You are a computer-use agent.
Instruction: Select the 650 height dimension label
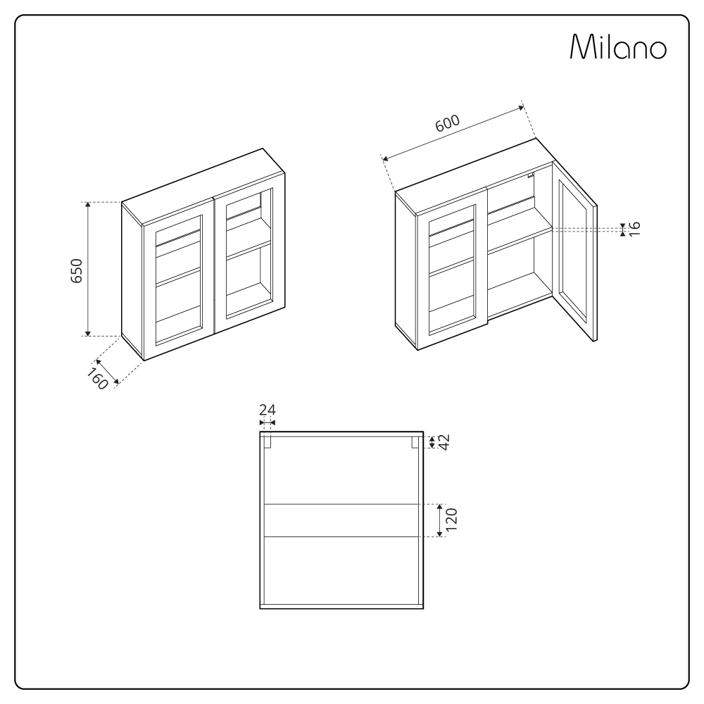pos(77,270)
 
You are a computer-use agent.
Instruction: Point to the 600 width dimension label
pos(447,123)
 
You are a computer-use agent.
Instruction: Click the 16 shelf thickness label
pos(634,229)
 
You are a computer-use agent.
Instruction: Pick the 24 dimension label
pos(268,410)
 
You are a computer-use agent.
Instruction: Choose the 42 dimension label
pos(444,441)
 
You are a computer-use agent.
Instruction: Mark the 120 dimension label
pos(452,521)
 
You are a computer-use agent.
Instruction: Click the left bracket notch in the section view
pos(268,442)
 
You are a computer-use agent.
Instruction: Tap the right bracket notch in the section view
pos(415,442)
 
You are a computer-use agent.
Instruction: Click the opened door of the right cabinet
pos(574,260)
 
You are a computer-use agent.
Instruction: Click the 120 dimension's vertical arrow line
pos(439,521)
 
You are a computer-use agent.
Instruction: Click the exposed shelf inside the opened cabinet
pos(520,239)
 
